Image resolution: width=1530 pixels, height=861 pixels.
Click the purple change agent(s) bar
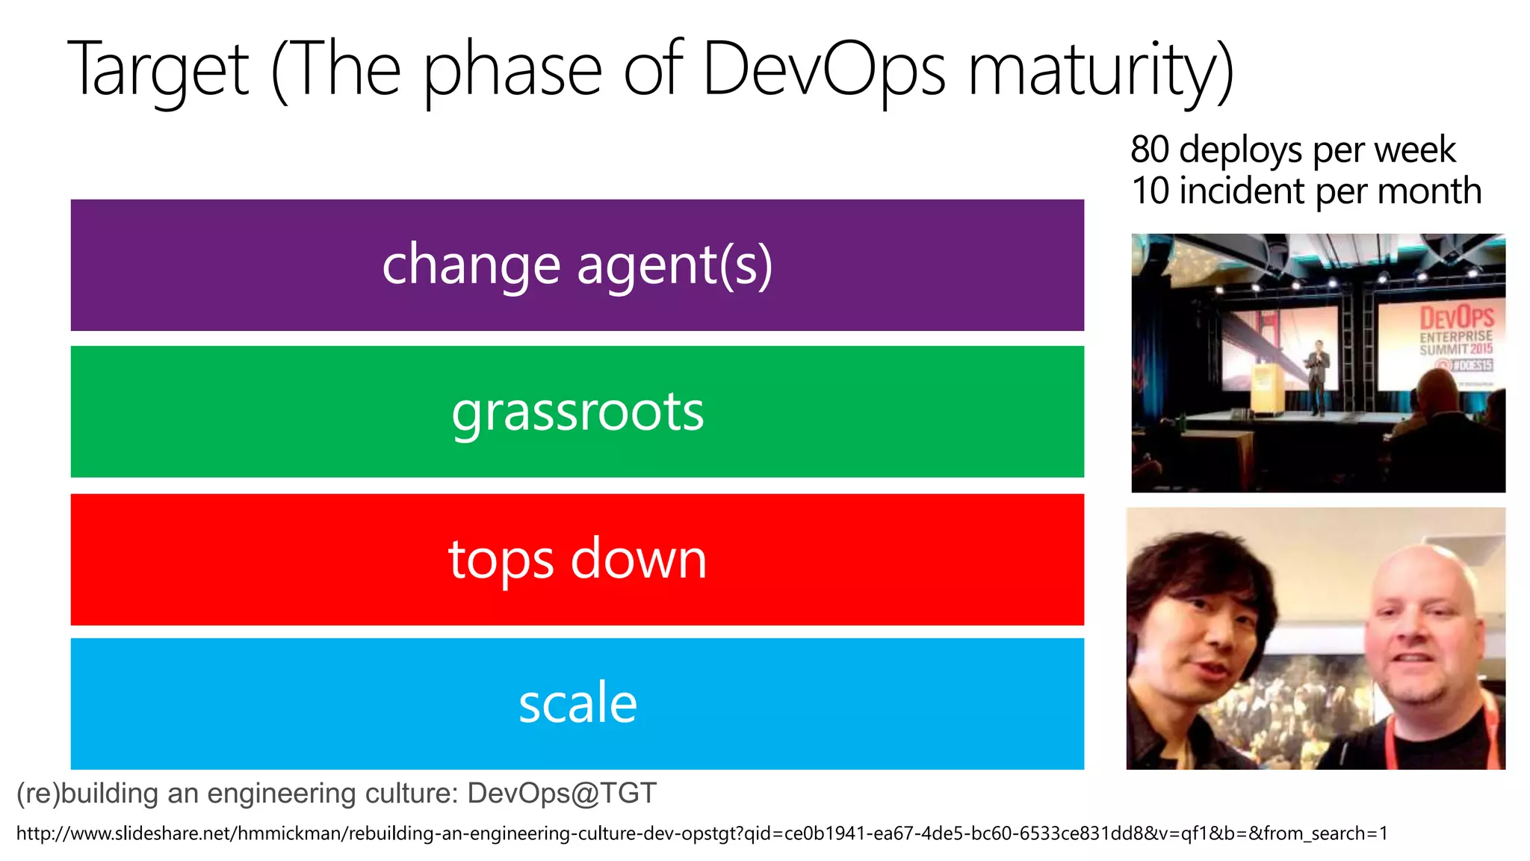click(x=577, y=265)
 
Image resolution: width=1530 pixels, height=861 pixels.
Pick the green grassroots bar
click(x=577, y=412)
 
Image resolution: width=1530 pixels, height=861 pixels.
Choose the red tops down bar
click(x=577, y=560)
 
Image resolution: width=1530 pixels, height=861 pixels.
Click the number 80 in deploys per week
click(x=1150, y=149)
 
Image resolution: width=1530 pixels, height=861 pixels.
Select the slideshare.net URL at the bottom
click(x=701, y=833)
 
